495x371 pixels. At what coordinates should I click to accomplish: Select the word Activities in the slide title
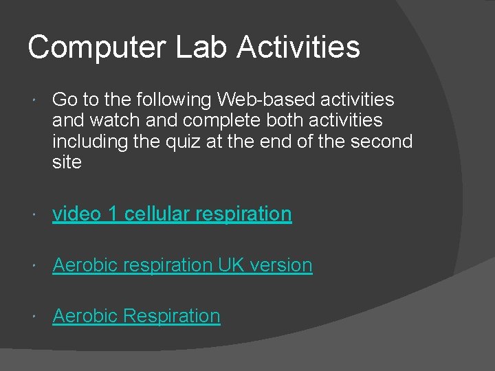[x=298, y=47]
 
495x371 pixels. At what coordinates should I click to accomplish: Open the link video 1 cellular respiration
[x=172, y=214]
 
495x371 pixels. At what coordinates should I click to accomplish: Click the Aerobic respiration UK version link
[x=182, y=265]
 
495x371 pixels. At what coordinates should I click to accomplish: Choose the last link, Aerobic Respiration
[x=136, y=315]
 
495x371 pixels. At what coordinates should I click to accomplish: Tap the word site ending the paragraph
[x=67, y=162]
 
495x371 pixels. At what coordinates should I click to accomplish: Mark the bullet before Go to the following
[x=35, y=101]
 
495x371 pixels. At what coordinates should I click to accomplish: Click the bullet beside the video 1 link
[x=35, y=215]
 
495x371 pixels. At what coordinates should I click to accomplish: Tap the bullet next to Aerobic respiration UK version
[x=35, y=266]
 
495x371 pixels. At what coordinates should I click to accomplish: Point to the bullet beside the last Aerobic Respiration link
[x=35, y=317]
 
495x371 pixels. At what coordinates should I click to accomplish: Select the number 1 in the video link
[x=112, y=214]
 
